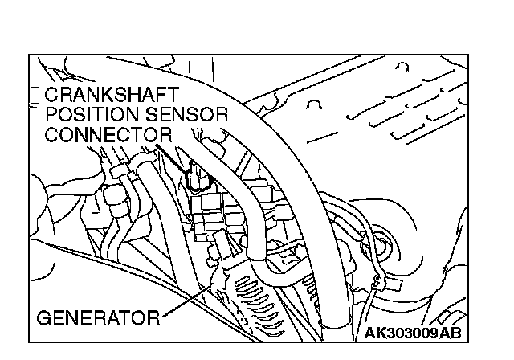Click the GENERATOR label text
pyautogui.click(x=97, y=317)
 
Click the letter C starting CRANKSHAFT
pyautogui.click(x=52, y=95)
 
